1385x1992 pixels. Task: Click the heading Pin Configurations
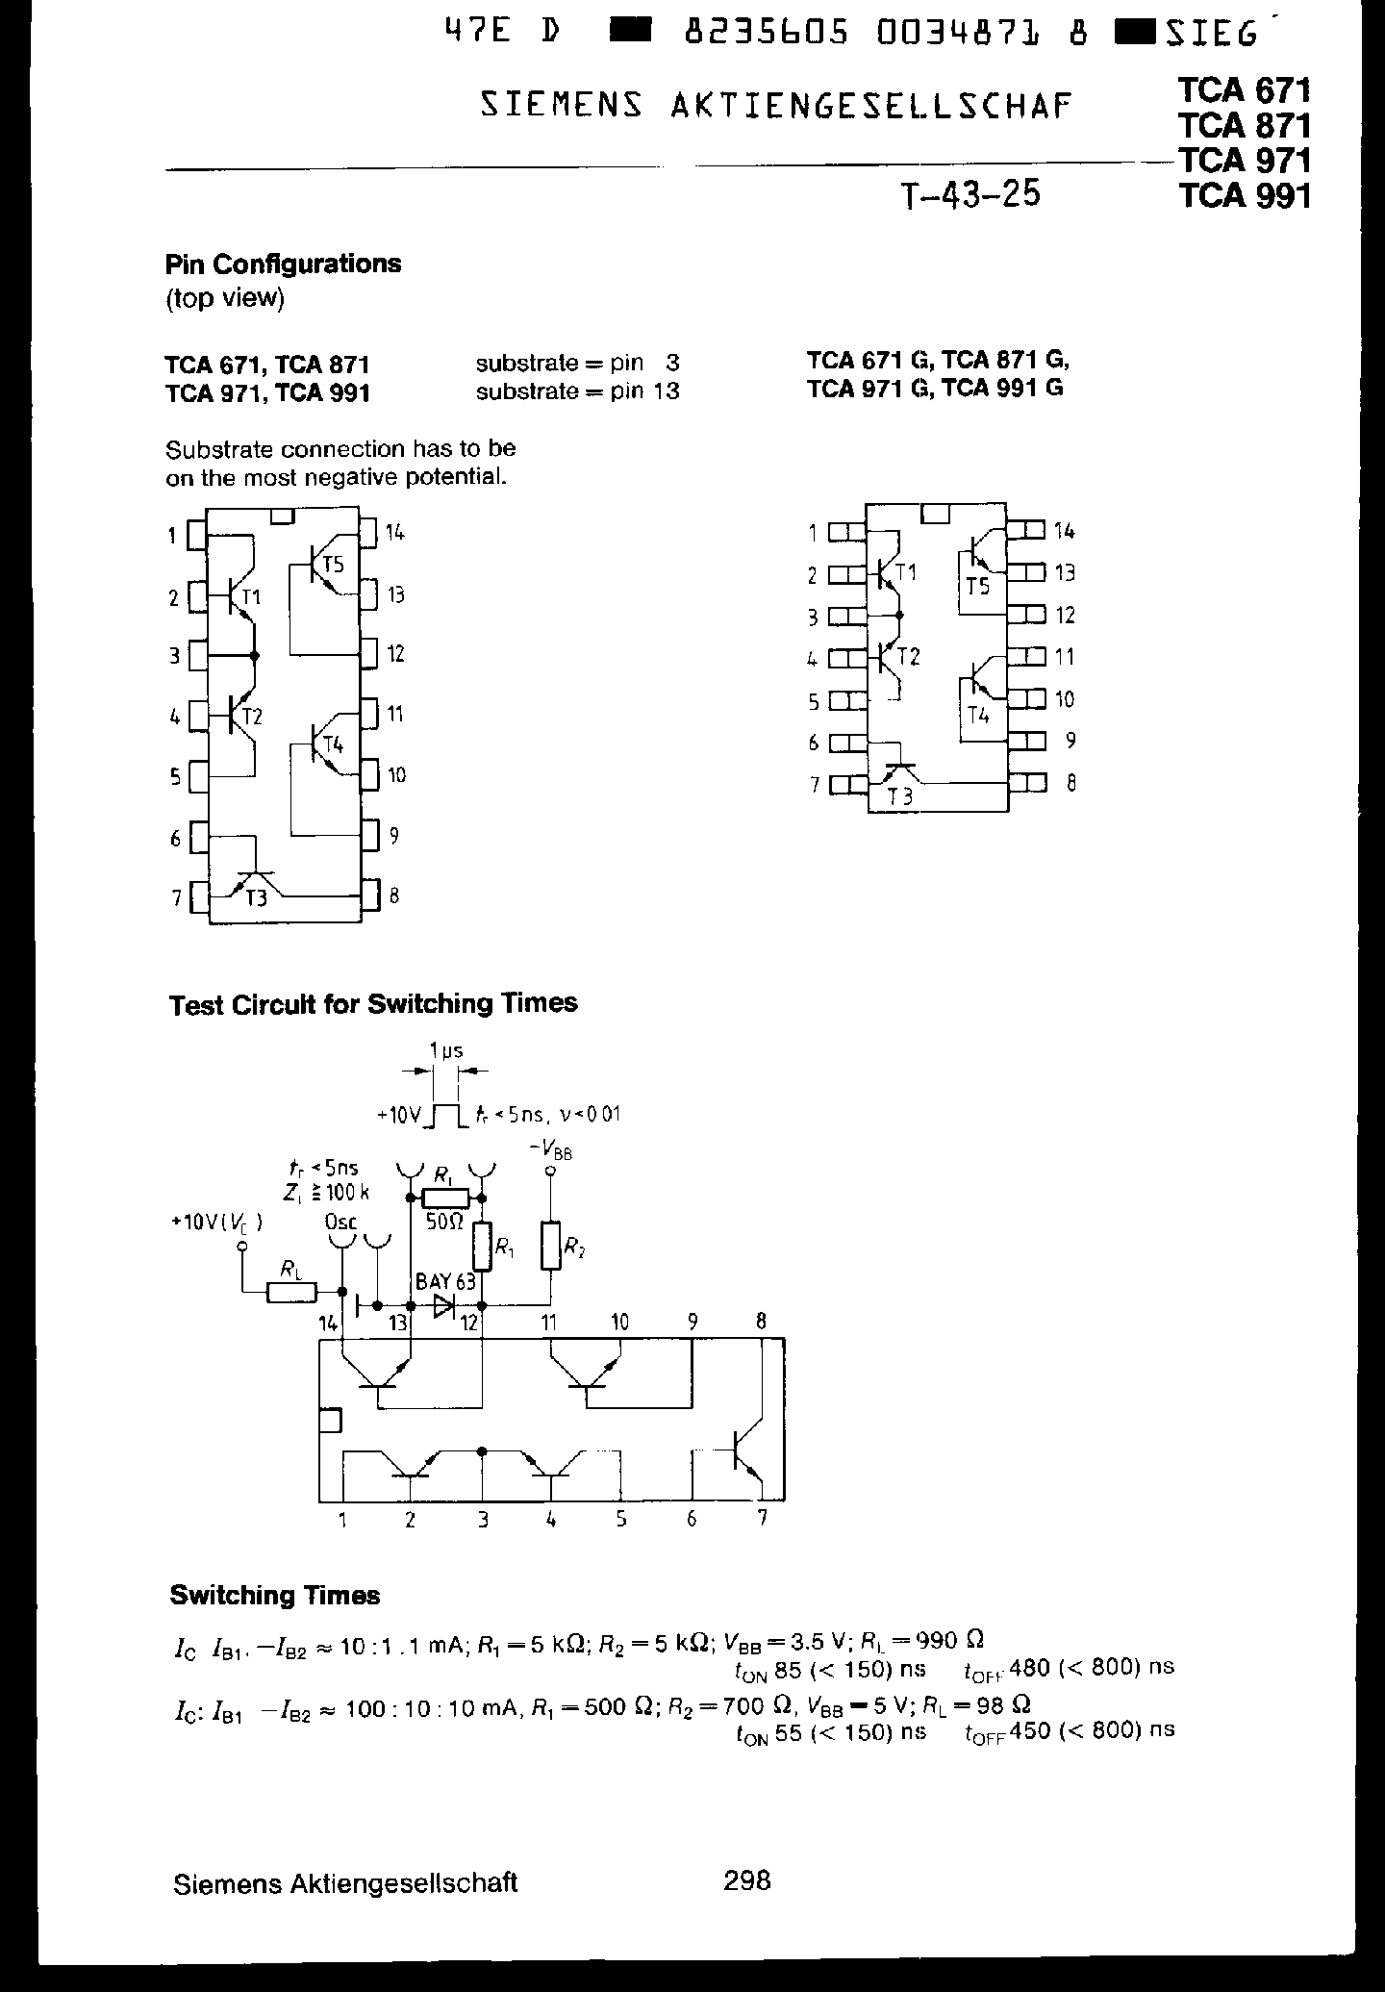click(x=283, y=264)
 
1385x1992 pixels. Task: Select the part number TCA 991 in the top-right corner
click(x=1245, y=196)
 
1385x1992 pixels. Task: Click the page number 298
click(x=747, y=1879)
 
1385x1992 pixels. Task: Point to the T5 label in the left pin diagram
click(x=333, y=566)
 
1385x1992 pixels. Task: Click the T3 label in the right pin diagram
click(x=900, y=796)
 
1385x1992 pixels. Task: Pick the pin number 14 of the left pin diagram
click(x=395, y=532)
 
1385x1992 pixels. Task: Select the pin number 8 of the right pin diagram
click(x=1070, y=783)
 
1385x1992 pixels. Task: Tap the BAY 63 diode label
click(x=445, y=1282)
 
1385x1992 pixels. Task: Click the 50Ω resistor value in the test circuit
click(x=444, y=1222)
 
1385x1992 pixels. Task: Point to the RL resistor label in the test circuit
click(x=289, y=1270)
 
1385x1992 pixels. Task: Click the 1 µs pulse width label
click(x=446, y=1050)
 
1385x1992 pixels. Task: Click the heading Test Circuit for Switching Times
click(x=373, y=1004)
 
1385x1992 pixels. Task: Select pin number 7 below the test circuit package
click(x=763, y=1520)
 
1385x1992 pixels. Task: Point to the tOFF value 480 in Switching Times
click(x=1033, y=1666)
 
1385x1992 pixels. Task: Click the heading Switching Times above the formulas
click(x=274, y=1596)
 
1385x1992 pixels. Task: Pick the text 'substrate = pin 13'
click(x=577, y=391)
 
